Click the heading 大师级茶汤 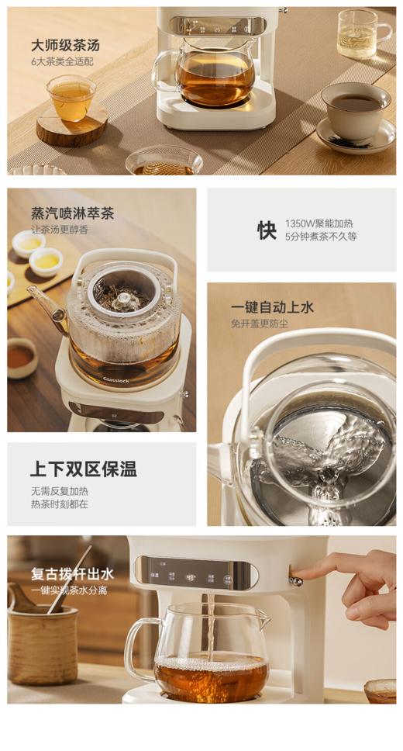point(65,45)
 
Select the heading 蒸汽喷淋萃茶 point(72,213)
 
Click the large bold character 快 point(267,230)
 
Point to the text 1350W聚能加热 point(319,223)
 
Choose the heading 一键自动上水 point(272,307)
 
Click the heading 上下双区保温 point(84,469)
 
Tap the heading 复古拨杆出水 point(72,574)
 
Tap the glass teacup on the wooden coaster point(71,99)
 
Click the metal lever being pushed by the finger point(295,580)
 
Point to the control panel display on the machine point(195,575)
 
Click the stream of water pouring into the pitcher point(208,625)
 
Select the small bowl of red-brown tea point(21,358)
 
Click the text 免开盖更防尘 point(259,324)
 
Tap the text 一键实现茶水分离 point(69,590)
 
